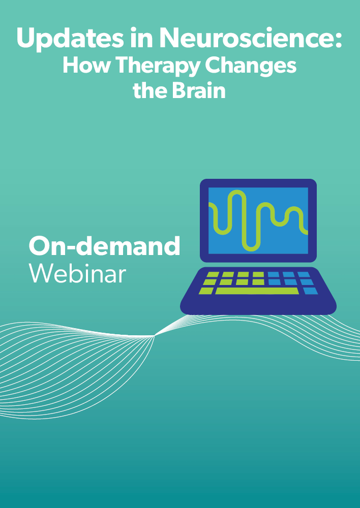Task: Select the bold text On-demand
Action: click(104, 246)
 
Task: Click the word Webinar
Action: click(77, 273)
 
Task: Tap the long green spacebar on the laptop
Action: click(257, 291)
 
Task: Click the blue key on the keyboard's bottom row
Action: click(310, 291)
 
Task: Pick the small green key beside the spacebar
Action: click(206, 291)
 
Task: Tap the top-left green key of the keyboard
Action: click(212, 275)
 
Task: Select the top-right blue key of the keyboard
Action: click(304, 275)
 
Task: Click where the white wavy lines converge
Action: click(155, 336)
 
